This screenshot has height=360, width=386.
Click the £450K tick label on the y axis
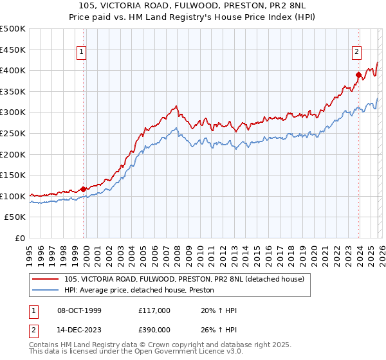[x=13, y=50]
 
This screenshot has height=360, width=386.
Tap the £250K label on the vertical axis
[x=13, y=133]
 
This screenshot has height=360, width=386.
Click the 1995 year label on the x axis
[x=30, y=251]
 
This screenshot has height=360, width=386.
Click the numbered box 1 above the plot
[x=83, y=53]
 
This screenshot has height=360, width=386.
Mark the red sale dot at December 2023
[x=358, y=75]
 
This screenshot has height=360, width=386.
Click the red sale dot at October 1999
[x=84, y=189]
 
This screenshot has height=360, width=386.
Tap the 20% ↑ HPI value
[x=219, y=310]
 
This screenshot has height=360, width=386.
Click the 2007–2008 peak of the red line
[x=175, y=106]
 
